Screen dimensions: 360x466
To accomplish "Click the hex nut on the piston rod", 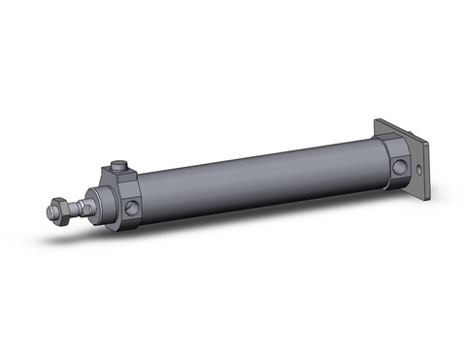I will point(61,207).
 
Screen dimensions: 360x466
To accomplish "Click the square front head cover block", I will point(123,199).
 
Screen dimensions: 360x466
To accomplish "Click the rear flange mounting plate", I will point(413,165).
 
